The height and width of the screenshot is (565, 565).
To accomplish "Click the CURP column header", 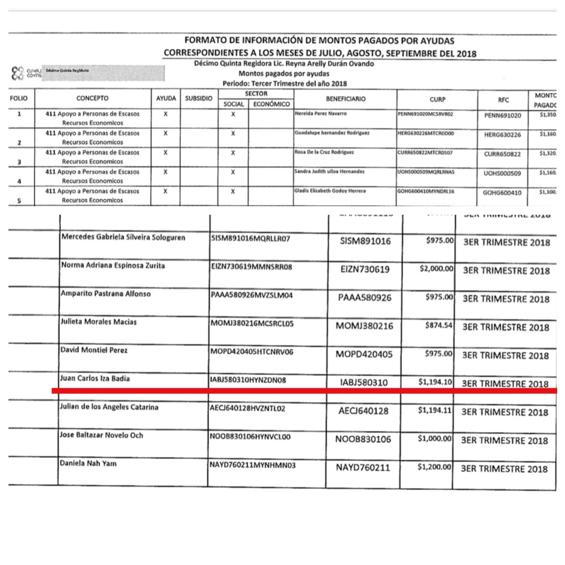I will click(x=437, y=99).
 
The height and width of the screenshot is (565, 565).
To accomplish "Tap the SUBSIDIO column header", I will click(x=198, y=99).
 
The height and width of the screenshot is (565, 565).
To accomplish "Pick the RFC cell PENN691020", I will click(x=502, y=116).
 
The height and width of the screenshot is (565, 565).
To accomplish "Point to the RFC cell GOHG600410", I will click(x=502, y=193).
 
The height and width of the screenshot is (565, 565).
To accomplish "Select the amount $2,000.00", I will click(x=436, y=270).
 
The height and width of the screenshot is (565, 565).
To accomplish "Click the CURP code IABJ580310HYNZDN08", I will click(x=248, y=380).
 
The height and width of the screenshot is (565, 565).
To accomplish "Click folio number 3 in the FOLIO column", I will click(x=20, y=162).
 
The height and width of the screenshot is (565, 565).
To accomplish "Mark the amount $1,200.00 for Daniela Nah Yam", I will click(x=436, y=467).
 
